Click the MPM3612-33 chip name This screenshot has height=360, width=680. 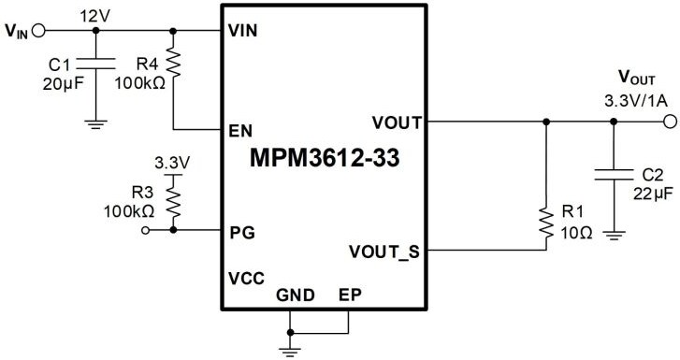click(325, 158)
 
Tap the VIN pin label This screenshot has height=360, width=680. click(243, 30)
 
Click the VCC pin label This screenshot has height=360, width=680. click(246, 279)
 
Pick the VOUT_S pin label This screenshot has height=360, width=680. click(385, 251)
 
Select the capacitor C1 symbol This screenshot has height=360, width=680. click(95, 69)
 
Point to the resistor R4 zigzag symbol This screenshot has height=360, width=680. click(173, 64)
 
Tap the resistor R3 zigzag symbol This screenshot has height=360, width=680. click(172, 198)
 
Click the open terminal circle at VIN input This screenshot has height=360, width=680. click(38, 30)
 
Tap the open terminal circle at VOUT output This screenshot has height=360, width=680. click(668, 122)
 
